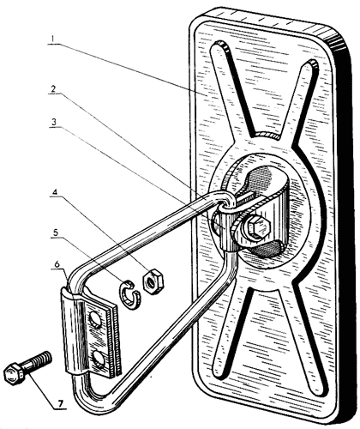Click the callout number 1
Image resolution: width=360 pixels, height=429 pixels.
point(53,39)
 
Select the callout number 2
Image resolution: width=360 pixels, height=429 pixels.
point(53,89)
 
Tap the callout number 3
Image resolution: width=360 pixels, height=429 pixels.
point(53,122)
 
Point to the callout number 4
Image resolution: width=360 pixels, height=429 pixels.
point(55,192)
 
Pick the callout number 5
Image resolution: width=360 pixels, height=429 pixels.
point(55,232)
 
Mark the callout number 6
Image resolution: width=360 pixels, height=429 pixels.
point(57,264)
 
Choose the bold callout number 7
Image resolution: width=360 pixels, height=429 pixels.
point(60,403)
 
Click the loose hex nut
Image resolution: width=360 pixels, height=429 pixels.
point(153,281)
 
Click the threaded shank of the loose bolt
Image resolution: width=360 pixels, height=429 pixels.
point(37,361)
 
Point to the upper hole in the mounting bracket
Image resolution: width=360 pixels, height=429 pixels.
point(97,318)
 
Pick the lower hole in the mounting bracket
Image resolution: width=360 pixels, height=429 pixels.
point(99,359)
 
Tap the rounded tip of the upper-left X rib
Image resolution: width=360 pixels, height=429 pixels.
point(219,45)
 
